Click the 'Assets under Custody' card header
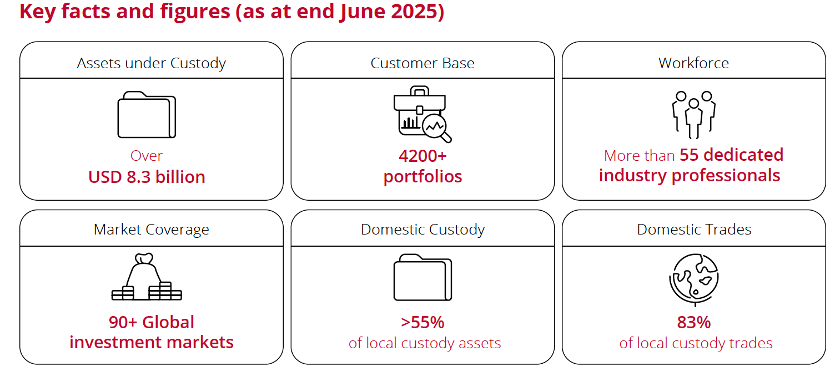(x=152, y=63)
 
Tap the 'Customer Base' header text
(x=422, y=63)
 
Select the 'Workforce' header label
(x=694, y=63)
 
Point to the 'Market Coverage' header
(x=152, y=230)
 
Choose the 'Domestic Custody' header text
(x=422, y=230)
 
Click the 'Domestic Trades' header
(x=694, y=230)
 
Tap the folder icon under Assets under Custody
(x=147, y=115)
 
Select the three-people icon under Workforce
(x=694, y=115)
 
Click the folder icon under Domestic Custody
(x=422, y=277)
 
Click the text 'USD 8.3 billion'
(x=147, y=177)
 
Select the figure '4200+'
(x=422, y=156)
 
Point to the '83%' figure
(x=694, y=322)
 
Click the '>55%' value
(x=422, y=322)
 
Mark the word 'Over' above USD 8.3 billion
(x=147, y=156)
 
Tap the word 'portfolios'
(x=422, y=177)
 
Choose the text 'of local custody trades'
(x=696, y=343)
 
